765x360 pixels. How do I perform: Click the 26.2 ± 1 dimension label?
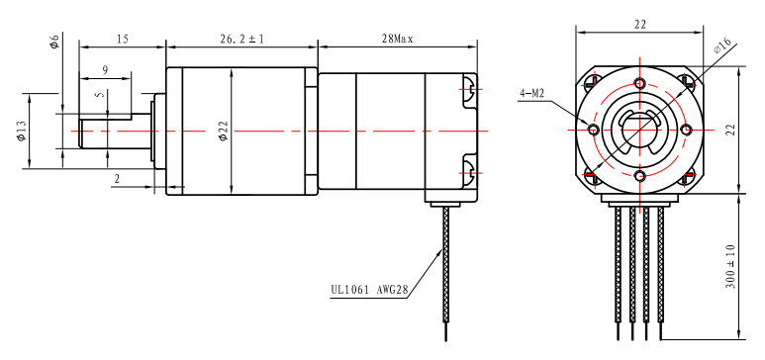tap(241, 39)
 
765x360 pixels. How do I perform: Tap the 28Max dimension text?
tap(397, 39)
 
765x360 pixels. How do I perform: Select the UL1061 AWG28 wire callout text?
tap(368, 289)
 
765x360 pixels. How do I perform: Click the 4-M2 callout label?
tap(531, 94)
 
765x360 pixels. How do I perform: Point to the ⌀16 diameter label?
tap(721, 45)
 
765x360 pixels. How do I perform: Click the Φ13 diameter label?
tap(22, 131)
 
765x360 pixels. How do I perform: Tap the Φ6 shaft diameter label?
tap(54, 42)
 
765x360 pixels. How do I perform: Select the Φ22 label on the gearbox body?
tap(224, 131)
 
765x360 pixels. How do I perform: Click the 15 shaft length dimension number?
tap(122, 39)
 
